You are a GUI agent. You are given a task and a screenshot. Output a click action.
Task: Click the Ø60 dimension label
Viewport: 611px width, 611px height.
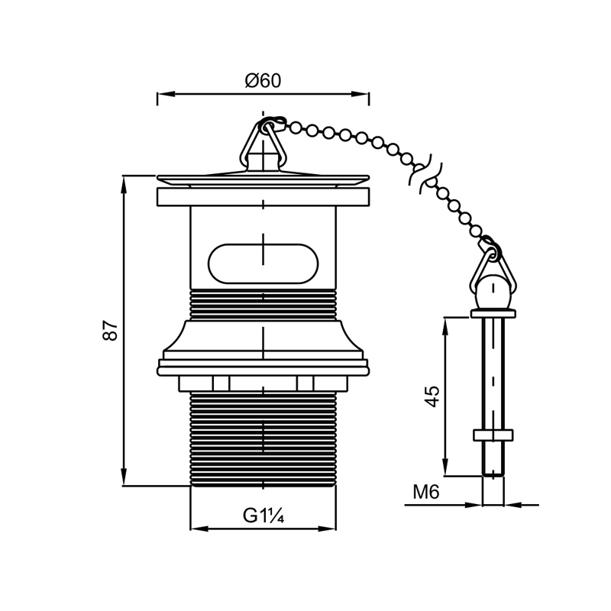coord(263,81)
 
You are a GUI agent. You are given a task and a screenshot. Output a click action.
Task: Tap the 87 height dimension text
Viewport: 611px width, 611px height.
coord(110,331)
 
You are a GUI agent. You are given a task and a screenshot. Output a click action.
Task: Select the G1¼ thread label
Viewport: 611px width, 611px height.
coord(263,516)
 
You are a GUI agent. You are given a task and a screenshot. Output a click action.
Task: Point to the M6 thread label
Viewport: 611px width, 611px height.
coord(426,493)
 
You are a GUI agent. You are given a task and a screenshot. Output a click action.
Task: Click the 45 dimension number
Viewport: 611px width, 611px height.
coord(432,396)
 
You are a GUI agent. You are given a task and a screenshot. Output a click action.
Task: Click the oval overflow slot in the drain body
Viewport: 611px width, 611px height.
coord(263,263)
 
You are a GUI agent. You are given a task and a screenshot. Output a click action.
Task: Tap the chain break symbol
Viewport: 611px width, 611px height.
coord(425,173)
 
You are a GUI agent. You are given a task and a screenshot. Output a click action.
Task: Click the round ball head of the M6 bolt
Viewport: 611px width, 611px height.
coord(493,293)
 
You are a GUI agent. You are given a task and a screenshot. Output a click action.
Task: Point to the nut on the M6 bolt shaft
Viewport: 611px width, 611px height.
coord(493,435)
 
